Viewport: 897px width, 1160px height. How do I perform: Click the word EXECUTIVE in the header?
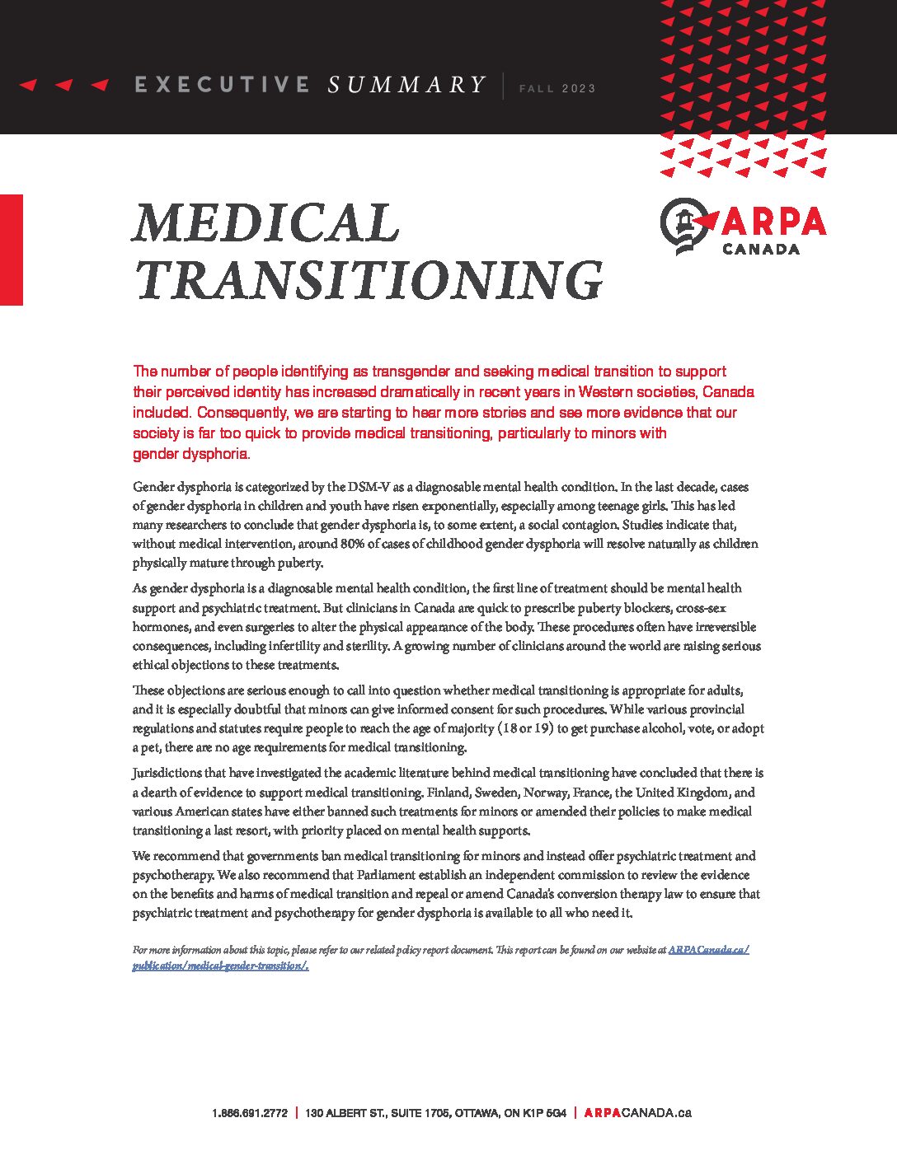click(x=222, y=84)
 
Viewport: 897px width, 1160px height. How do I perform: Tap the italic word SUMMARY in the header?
click(x=406, y=84)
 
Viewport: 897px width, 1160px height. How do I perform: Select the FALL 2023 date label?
click(x=557, y=88)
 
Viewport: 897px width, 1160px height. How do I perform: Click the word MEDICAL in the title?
click(x=265, y=222)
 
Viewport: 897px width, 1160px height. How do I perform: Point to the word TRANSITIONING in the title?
click(x=369, y=280)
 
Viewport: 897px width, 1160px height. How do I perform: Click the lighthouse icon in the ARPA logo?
click(x=683, y=224)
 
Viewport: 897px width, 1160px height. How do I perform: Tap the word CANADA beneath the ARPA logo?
click(x=761, y=249)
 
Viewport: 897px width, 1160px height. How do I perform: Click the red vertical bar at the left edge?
click(x=12, y=250)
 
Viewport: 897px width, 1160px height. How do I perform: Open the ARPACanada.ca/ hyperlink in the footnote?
click(x=708, y=950)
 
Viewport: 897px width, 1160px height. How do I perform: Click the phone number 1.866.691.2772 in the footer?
click(x=250, y=1113)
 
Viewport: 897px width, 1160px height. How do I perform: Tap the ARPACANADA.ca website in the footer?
click(x=637, y=1113)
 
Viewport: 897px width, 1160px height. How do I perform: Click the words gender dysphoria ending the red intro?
click(x=190, y=454)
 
